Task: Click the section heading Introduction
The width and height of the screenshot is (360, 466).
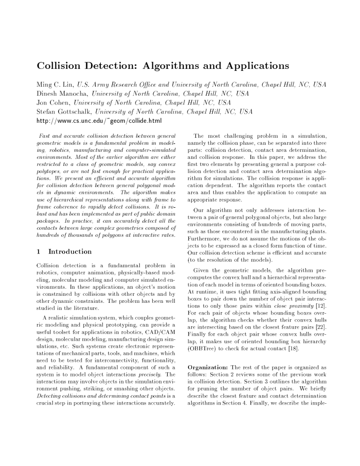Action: coord(68,251)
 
